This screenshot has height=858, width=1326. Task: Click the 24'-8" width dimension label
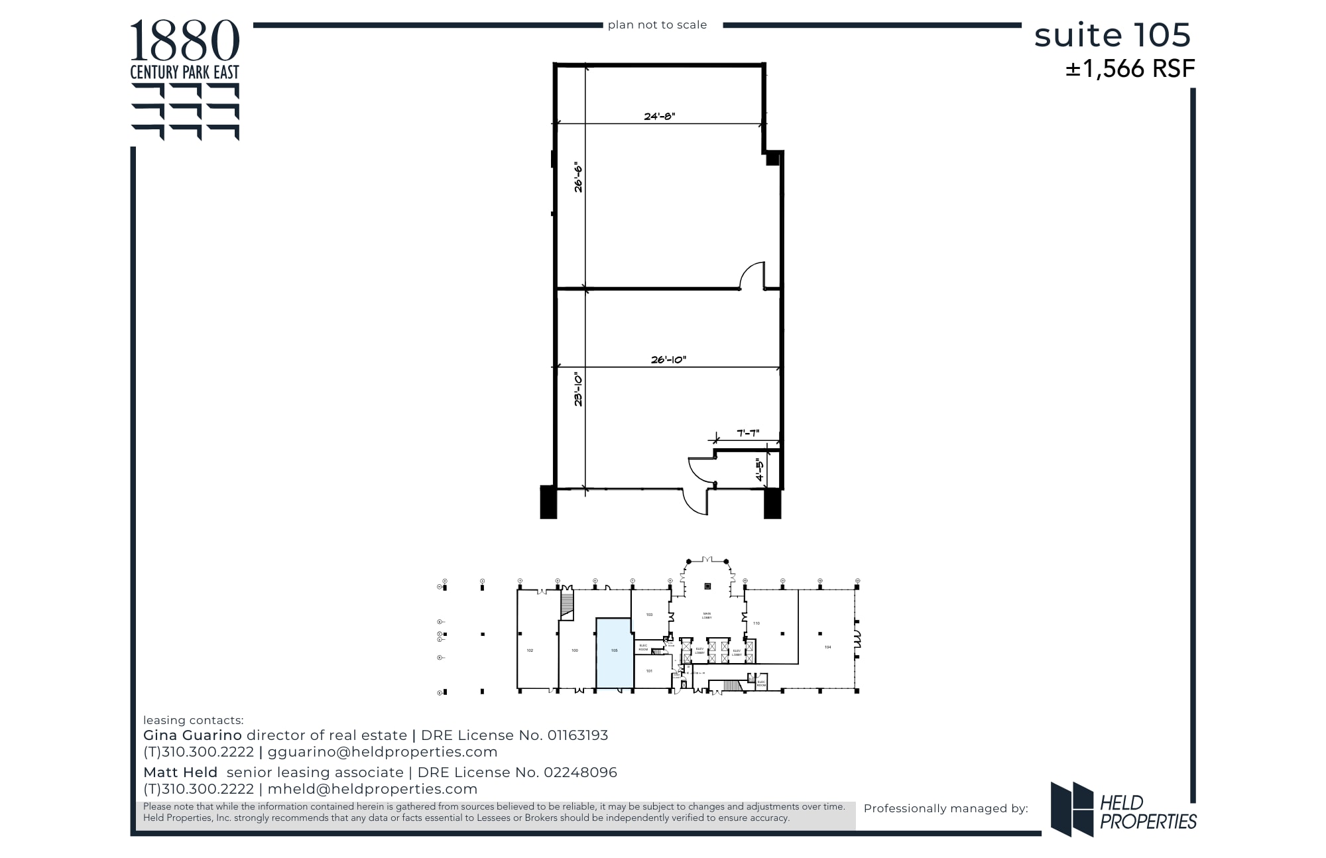pos(659,116)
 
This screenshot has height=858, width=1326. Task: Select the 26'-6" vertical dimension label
pos(578,177)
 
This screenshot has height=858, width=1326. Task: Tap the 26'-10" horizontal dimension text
pos(668,359)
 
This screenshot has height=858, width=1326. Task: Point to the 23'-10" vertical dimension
pos(578,389)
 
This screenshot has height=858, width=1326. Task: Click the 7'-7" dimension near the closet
pos(748,433)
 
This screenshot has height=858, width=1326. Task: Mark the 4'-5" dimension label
pos(759,469)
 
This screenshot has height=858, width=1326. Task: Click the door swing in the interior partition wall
pos(753,276)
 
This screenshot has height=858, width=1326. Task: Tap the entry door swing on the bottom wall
pos(695,502)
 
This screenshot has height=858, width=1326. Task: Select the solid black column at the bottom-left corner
pos(548,502)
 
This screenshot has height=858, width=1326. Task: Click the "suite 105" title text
pos(1112,35)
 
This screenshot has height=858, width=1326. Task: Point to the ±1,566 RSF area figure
pos(1130,69)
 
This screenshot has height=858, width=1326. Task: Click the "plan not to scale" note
pos(657,25)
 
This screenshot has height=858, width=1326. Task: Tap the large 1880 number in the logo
pos(184,41)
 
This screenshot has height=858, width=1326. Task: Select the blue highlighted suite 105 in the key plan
pos(614,653)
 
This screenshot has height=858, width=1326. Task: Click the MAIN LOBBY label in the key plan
pos(707,616)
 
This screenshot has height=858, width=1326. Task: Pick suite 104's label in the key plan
pos(827,647)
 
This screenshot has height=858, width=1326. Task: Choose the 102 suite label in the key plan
pos(530,650)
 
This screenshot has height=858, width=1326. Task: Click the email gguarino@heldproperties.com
pos(383,752)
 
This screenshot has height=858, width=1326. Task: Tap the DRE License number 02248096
pos(580,772)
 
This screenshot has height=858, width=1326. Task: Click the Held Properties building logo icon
pos(1071,809)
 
